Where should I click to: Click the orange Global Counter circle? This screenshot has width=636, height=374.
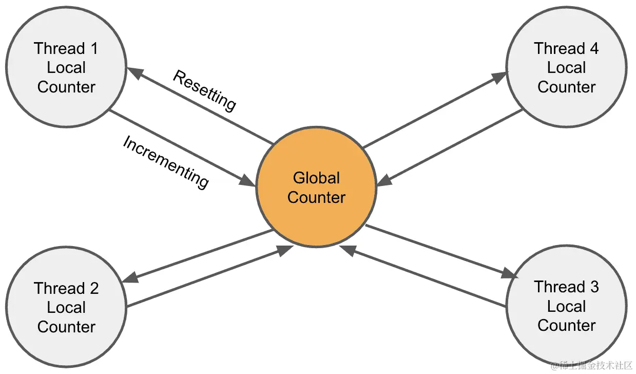(316, 187)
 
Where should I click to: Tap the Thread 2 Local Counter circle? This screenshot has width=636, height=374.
(66, 307)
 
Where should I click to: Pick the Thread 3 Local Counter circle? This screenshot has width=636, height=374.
(566, 306)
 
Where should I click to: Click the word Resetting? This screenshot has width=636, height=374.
(204, 90)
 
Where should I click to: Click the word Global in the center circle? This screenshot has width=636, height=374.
(316, 178)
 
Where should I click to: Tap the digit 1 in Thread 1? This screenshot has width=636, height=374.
(93, 49)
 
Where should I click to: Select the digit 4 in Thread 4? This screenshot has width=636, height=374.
(593, 49)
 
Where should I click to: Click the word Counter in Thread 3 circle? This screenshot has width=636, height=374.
(566, 325)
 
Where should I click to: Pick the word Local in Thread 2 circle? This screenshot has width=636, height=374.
(66, 307)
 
